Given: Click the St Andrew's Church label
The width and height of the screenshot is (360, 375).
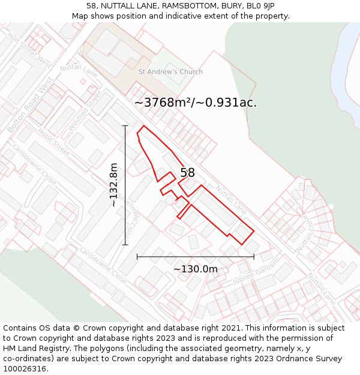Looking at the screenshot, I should pyautogui.click(x=170, y=72).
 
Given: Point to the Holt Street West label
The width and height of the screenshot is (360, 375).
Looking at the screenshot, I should pyautogui.click(x=29, y=48).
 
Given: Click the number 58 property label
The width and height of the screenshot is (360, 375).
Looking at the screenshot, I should pyautogui.click(x=187, y=173).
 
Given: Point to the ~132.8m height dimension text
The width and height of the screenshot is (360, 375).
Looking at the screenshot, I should pyautogui.click(x=114, y=185).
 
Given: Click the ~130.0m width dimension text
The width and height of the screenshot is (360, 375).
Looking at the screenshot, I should pyautogui.click(x=196, y=269).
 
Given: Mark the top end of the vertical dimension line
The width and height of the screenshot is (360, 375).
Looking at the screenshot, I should pyautogui.click(x=125, y=125).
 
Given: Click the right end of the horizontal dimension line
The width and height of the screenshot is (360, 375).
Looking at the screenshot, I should pyautogui.click(x=254, y=257).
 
